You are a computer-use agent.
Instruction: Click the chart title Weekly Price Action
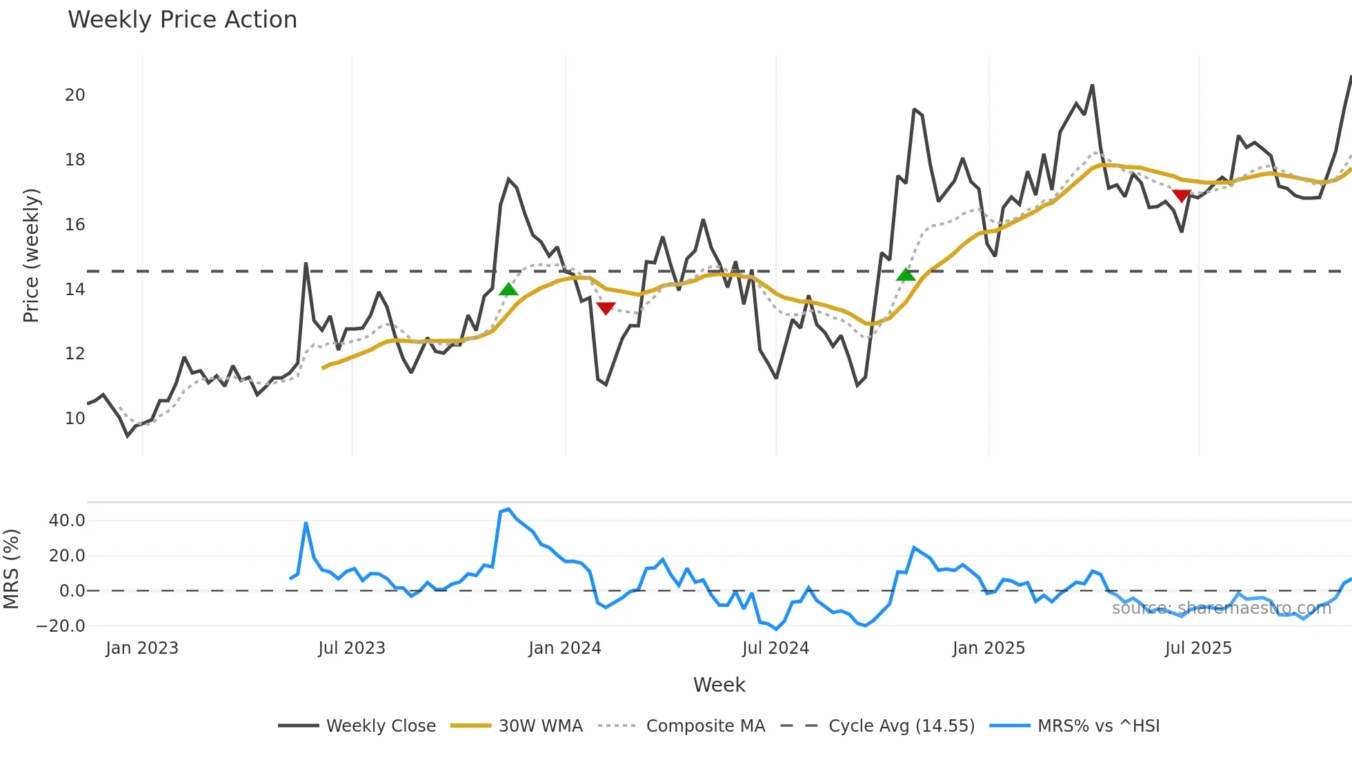click(x=182, y=20)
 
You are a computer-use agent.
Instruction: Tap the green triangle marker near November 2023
click(x=508, y=290)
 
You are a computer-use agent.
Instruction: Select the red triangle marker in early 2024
click(x=606, y=308)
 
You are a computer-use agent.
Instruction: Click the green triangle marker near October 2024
click(x=906, y=275)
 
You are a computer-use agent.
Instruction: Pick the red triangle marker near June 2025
click(x=1182, y=196)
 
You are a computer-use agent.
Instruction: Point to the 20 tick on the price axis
click(x=75, y=95)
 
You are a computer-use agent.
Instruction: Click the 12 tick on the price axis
click(x=75, y=354)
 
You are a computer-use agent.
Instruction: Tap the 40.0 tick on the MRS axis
click(x=67, y=521)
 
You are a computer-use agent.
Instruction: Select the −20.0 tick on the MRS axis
click(x=61, y=626)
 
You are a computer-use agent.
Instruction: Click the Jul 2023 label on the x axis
click(x=352, y=648)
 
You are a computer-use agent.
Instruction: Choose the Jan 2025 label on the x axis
click(x=988, y=648)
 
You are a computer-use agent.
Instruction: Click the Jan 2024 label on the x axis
click(x=565, y=648)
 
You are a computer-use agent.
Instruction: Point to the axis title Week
click(x=719, y=685)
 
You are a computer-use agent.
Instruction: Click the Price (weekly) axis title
click(x=32, y=255)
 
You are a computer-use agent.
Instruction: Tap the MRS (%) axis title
click(x=12, y=569)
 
